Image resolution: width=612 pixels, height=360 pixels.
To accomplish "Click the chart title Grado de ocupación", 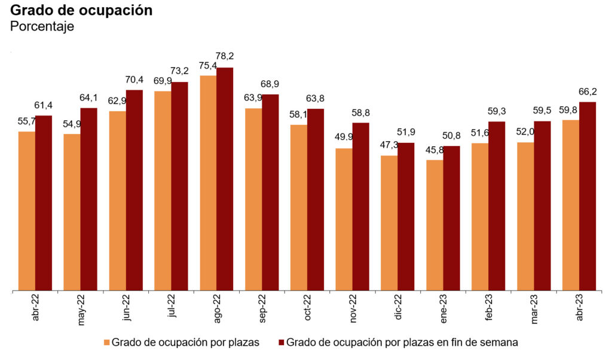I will [82, 11].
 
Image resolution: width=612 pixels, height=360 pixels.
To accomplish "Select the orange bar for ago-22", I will [208, 183].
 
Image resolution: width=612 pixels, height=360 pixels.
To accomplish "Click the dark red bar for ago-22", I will [225, 179].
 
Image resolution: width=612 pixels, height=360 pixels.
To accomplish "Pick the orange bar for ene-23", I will [434, 225].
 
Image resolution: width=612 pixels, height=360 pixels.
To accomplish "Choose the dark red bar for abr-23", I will [587, 196].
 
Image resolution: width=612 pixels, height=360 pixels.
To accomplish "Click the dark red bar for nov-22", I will [360, 207].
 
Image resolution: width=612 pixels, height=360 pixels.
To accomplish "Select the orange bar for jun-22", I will [117, 201].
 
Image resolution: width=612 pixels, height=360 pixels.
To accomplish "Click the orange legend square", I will [107, 343].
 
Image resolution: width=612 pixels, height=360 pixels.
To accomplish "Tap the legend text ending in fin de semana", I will [402, 343].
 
